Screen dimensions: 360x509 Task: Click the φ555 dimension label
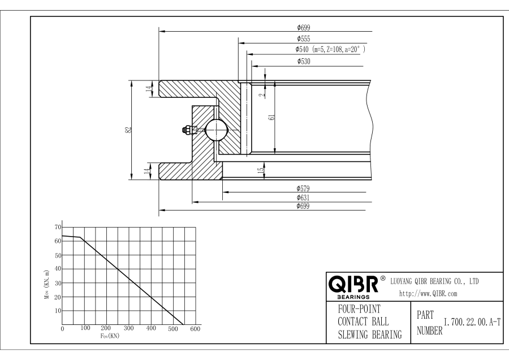[303, 39]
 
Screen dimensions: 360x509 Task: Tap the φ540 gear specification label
[331, 50]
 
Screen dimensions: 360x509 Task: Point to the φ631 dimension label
[303, 198]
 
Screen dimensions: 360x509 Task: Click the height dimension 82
[129, 129]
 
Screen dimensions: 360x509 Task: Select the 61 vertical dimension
[271, 117]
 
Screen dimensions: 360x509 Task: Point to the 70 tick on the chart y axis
[57, 227]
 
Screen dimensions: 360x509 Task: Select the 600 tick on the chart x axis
[196, 328]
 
